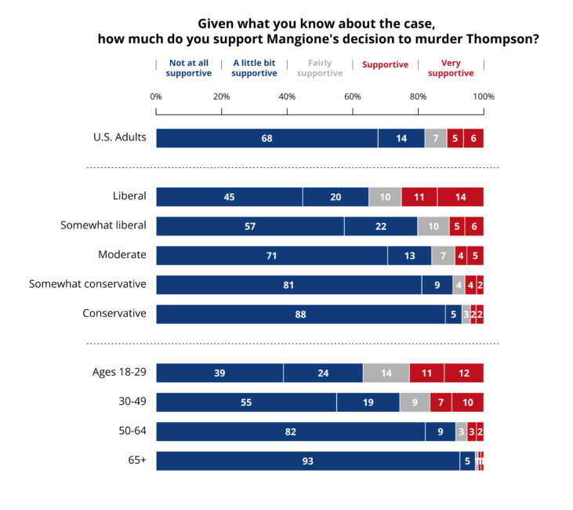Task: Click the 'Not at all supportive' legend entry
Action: pyautogui.click(x=189, y=68)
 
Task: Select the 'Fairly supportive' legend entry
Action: pyautogui.click(x=320, y=68)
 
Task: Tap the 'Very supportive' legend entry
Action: pyautogui.click(x=451, y=68)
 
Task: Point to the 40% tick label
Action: pyautogui.click(x=287, y=97)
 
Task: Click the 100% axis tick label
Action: pyautogui.click(x=484, y=97)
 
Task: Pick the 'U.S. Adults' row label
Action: pyautogui.click(x=120, y=137)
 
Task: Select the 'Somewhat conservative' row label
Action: pyautogui.click(x=88, y=283)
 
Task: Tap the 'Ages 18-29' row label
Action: pyautogui.click(x=118, y=371)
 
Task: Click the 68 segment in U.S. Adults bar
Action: pyautogui.click(x=267, y=138)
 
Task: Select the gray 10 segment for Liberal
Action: pyautogui.click(x=385, y=197)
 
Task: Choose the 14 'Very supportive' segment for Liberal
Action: pyautogui.click(x=460, y=197)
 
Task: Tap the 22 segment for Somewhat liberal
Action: pyautogui.click(x=380, y=226)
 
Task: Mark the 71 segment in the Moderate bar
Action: pyautogui.click(x=272, y=255)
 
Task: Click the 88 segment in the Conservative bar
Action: pyautogui.click(x=300, y=314)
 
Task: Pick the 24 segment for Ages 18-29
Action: pyautogui.click(x=323, y=373)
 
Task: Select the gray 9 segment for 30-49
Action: pyautogui.click(x=415, y=403)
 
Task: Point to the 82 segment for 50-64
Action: pyautogui.click(x=290, y=432)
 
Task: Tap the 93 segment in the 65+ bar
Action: pyautogui.click(x=308, y=461)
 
